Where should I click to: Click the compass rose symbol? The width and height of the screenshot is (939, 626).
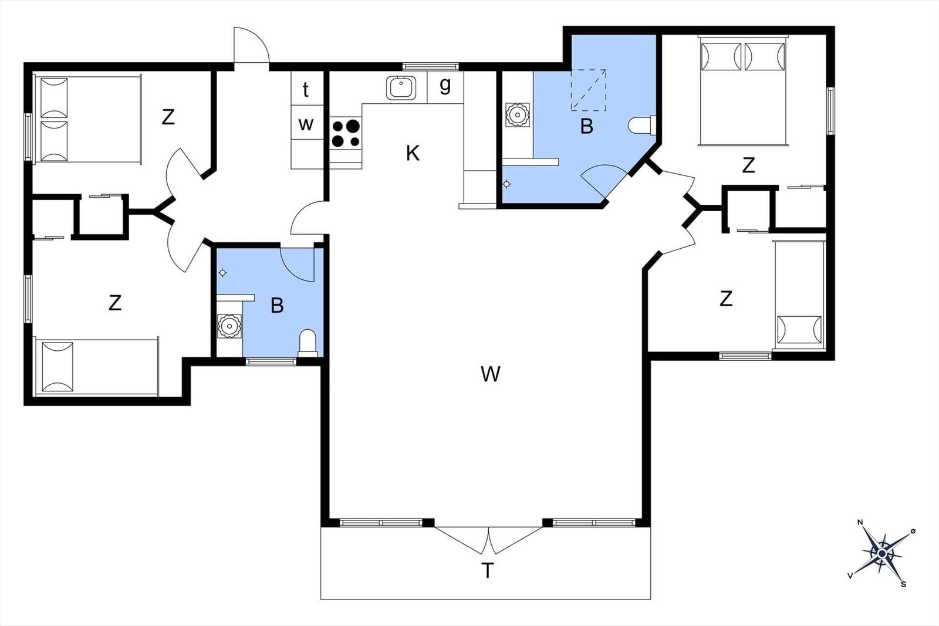click(882, 554)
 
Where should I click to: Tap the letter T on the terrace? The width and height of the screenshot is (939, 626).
click(487, 570)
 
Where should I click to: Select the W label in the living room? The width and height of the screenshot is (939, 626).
click(490, 374)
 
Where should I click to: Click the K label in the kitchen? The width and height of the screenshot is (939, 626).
click(413, 153)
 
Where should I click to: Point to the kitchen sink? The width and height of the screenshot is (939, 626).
click(401, 87)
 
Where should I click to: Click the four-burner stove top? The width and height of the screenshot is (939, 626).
click(346, 133)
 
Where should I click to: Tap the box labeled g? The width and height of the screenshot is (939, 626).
click(445, 87)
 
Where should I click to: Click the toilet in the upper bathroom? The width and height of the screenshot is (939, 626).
click(642, 126)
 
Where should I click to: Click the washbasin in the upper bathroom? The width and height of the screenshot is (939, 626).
click(517, 114)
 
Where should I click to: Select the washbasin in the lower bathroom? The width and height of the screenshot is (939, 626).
click(229, 326)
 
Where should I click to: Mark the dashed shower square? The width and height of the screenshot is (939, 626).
click(589, 90)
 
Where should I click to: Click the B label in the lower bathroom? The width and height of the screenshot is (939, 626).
click(277, 306)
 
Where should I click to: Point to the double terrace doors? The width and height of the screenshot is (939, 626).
click(488, 540)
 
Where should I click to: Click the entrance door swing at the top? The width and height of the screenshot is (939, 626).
click(251, 45)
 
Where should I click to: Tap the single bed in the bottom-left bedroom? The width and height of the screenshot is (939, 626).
click(97, 367)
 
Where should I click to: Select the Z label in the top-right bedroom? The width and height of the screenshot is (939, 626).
click(748, 165)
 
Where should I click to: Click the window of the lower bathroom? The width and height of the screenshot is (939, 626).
click(271, 361)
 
